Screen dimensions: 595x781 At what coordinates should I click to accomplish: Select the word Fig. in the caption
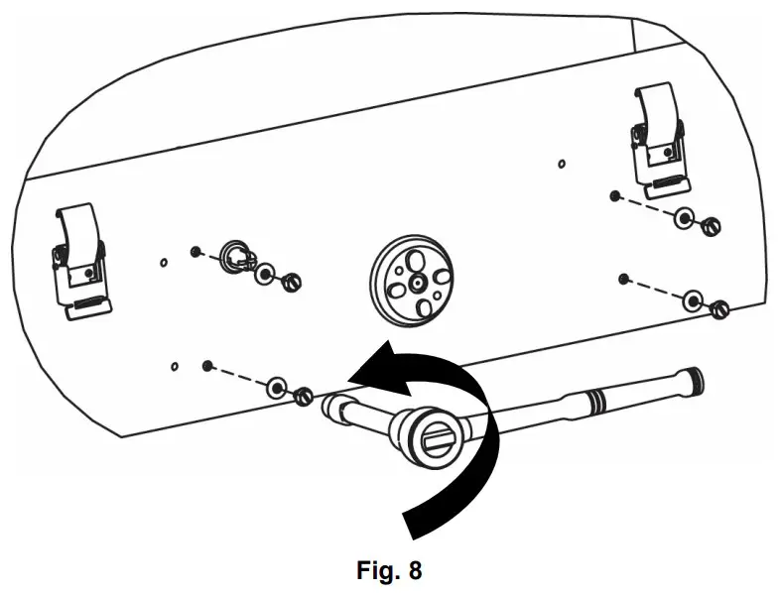380,571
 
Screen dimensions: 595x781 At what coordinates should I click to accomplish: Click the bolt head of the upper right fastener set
710,227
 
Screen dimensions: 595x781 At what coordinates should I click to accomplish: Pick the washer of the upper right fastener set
684,218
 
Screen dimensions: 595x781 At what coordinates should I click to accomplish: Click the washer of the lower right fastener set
693,298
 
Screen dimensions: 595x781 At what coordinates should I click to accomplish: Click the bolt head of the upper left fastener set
290,283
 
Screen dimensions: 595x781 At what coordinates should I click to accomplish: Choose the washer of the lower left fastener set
275,385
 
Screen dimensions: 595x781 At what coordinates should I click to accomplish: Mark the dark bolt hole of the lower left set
207,366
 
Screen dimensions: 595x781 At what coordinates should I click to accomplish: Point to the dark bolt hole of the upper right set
615,195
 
